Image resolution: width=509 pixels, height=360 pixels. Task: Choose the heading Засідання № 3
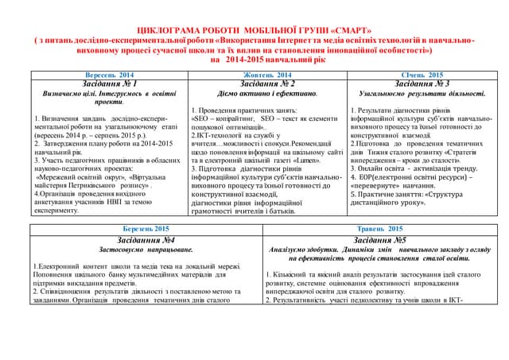(x=422, y=83)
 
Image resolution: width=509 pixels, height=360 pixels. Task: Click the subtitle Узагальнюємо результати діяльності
(x=422, y=94)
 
